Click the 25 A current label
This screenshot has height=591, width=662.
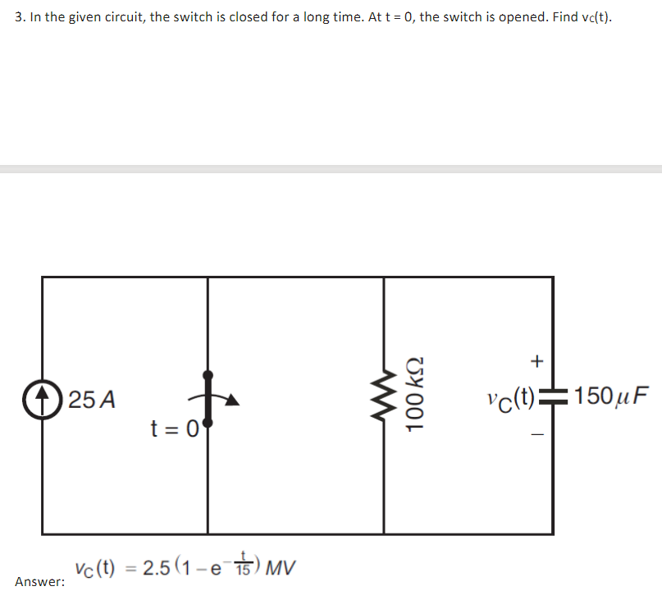tap(92, 401)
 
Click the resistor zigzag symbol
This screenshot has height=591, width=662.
tap(384, 401)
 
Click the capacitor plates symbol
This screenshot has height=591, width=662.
tap(552, 401)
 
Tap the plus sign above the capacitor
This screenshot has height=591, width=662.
tap(537, 360)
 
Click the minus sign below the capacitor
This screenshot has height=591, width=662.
tap(537, 437)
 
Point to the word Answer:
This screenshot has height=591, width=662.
tap(39, 581)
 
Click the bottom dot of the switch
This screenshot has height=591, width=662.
tap(208, 424)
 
